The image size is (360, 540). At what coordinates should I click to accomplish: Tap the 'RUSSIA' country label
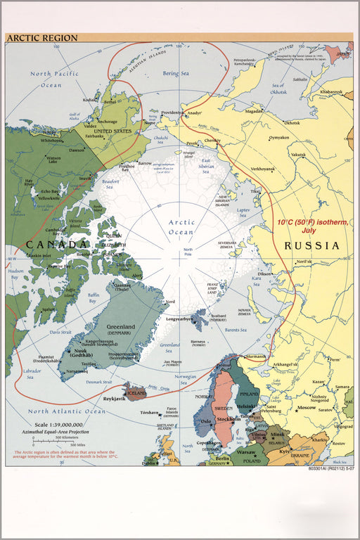[311, 246]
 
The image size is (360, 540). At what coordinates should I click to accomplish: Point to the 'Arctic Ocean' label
[181, 227]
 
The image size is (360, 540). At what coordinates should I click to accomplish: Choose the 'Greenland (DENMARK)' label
[120, 330]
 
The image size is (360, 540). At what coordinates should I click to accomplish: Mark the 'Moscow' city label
[307, 408]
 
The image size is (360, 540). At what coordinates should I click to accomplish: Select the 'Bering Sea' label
[176, 73]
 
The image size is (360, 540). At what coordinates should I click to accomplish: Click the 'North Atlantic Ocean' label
[66, 411]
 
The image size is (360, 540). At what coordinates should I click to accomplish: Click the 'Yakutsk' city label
[299, 154]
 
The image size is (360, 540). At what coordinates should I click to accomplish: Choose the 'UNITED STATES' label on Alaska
[112, 131]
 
